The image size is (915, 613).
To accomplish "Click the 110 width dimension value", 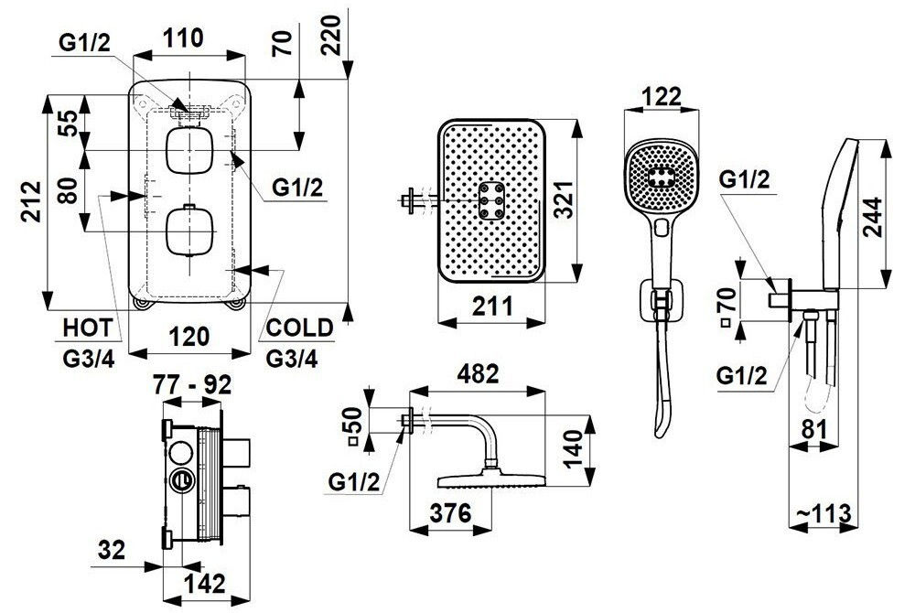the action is (x=183, y=38).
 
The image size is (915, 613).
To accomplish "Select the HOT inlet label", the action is (x=88, y=328).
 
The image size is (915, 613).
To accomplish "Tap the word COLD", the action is (x=299, y=328).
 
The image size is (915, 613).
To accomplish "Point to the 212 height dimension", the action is (x=30, y=201).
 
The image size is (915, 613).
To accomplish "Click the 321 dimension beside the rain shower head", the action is (x=563, y=199).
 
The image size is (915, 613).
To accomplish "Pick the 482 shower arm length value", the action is (x=478, y=374).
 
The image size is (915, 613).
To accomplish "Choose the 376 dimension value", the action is (x=450, y=513).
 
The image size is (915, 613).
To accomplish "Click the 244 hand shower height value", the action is (x=873, y=217).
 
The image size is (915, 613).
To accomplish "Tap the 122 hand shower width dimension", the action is (x=661, y=96).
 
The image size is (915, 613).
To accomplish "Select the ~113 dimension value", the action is (x=823, y=514).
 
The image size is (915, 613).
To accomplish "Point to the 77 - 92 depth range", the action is (x=192, y=385).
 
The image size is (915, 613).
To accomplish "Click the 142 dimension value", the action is (x=204, y=584).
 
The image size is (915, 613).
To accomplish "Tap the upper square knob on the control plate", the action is (x=189, y=151).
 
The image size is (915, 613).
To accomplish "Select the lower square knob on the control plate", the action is (x=189, y=232).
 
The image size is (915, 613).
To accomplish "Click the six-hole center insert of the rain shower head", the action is (x=492, y=201).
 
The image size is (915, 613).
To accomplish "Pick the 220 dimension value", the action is (x=331, y=35).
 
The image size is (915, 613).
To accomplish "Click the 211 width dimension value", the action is (x=492, y=306).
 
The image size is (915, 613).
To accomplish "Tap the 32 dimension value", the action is (x=112, y=550).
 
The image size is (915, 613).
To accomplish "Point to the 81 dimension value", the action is (x=814, y=430).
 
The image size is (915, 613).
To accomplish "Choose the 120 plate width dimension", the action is (x=190, y=337).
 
